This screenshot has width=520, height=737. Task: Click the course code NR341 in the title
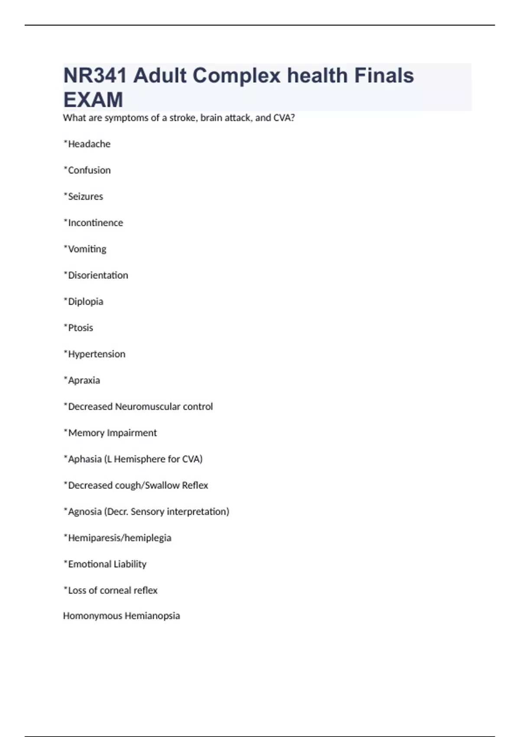pyautogui.click(x=95, y=76)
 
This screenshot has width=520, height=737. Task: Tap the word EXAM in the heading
pyautogui.click(x=93, y=100)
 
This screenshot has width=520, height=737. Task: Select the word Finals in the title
pyautogui.click(x=384, y=76)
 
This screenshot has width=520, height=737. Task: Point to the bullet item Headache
pyautogui.click(x=89, y=144)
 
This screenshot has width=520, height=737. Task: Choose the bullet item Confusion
pyautogui.click(x=89, y=170)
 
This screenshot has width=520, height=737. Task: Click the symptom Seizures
pyautogui.click(x=85, y=196)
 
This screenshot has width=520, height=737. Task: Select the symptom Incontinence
pyautogui.click(x=95, y=223)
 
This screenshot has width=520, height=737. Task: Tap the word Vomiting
pyautogui.click(x=87, y=249)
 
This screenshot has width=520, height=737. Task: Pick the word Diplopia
pyautogui.click(x=85, y=302)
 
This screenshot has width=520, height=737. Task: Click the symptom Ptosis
pyautogui.click(x=80, y=328)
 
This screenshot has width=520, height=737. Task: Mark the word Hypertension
pyautogui.click(x=97, y=354)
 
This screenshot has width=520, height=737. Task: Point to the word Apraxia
pyautogui.click(x=84, y=380)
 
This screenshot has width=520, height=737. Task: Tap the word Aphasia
pyautogui.click(x=84, y=459)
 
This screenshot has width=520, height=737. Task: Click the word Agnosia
pyautogui.click(x=84, y=512)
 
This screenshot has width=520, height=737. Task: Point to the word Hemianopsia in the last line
pyautogui.click(x=152, y=616)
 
